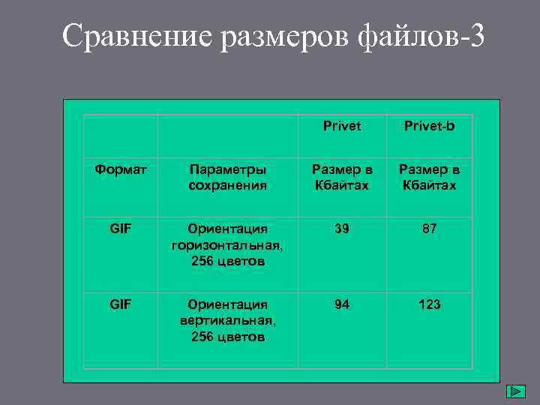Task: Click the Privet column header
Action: tap(342, 126)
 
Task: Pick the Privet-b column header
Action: tap(429, 126)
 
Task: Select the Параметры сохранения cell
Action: tap(227, 177)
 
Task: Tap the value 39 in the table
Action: tap(342, 228)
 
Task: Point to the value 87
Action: tap(429, 228)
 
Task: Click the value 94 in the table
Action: tap(342, 304)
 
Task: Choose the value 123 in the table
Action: tap(429, 304)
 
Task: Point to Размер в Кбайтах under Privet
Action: tap(342, 177)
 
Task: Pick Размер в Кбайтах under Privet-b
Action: tap(429, 177)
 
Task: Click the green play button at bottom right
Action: tap(515, 391)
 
